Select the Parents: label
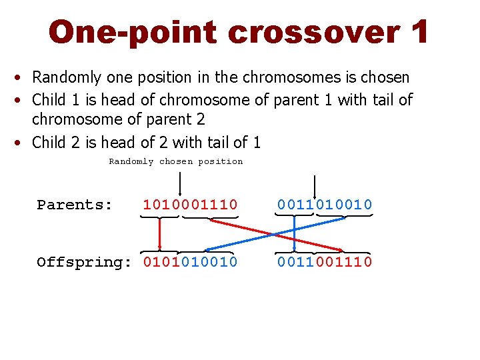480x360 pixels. coord(75,205)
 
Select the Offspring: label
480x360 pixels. coord(85,262)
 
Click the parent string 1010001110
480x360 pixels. coord(190,205)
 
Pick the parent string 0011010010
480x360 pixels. coord(325,205)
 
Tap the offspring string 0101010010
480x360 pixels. coord(190,262)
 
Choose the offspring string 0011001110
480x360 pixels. coord(325,262)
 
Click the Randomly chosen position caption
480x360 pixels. coord(175,161)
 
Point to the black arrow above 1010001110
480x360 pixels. coord(180,183)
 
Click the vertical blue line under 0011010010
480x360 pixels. coord(295,237)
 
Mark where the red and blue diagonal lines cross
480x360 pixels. coord(275,233)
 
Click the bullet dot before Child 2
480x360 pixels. coord(22,143)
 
